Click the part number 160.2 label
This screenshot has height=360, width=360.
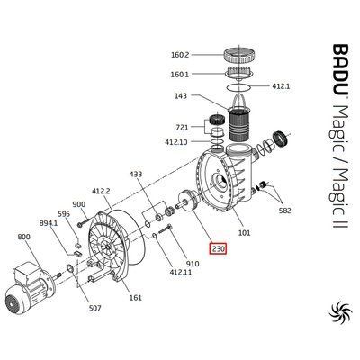(180, 55)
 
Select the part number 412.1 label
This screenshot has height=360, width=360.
(281, 86)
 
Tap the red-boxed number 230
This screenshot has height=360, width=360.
(218, 248)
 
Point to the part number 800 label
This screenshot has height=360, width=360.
(23, 237)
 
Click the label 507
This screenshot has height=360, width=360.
(94, 308)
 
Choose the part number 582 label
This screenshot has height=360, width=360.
(284, 211)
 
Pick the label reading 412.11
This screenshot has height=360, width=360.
(180, 273)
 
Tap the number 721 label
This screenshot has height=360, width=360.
(182, 128)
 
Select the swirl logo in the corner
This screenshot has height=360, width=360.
(339, 312)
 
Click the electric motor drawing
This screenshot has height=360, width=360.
(30, 286)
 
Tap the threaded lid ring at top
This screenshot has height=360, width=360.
(239, 55)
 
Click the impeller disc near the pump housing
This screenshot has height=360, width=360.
(189, 201)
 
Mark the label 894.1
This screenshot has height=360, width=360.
(49, 223)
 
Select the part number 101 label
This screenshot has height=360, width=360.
(244, 232)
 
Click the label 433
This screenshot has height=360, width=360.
(136, 175)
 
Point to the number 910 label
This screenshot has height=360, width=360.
(193, 264)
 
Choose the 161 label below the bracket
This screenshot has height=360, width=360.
(136, 298)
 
